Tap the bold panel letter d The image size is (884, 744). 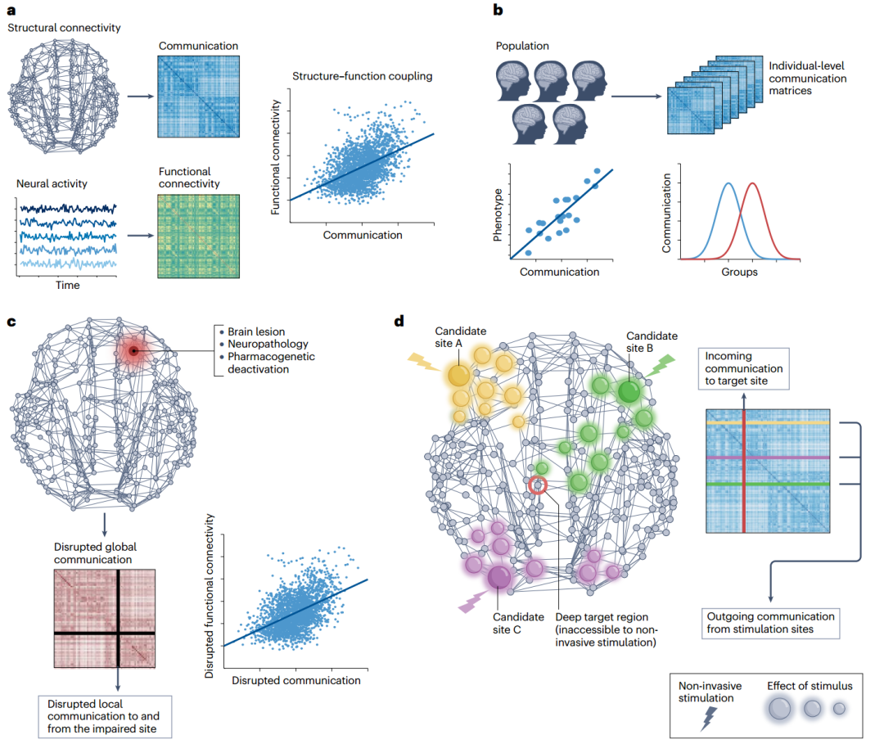[399, 320]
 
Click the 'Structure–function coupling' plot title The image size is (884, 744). [362, 77]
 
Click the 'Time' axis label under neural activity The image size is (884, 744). [67, 286]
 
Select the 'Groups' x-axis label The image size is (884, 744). [740, 272]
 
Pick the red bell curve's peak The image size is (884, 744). [751, 183]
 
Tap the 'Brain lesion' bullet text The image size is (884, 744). [256, 331]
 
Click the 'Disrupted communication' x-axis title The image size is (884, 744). [296, 680]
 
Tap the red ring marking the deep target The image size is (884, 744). [537, 485]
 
